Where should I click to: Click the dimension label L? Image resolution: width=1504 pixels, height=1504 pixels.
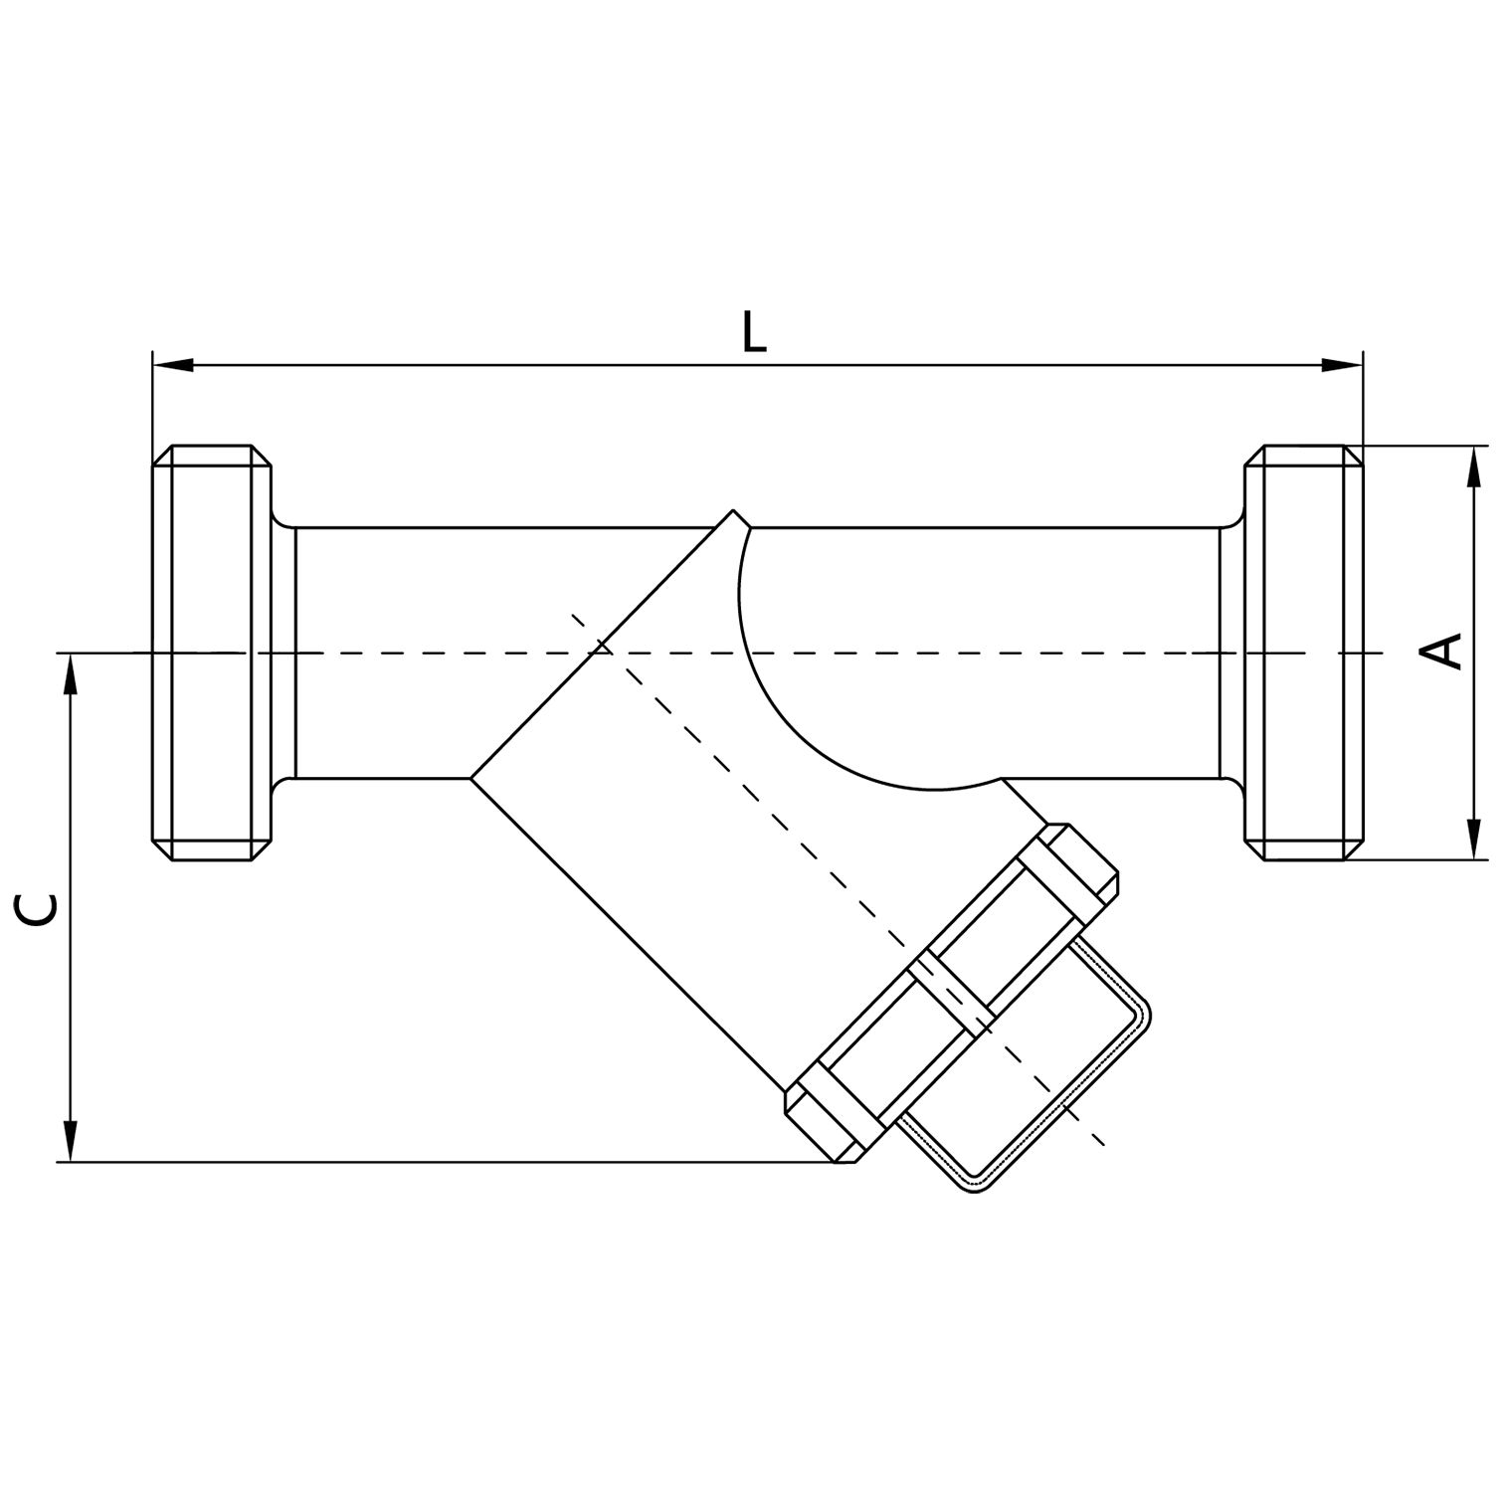(x=754, y=333)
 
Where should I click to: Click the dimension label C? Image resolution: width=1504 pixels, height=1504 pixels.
(x=38, y=908)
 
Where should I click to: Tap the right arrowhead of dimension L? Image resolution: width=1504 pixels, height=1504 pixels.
(x=1341, y=365)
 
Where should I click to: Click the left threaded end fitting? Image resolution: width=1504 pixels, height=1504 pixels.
(x=211, y=653)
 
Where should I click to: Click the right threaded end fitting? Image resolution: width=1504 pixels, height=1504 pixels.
(x=1303, y=653)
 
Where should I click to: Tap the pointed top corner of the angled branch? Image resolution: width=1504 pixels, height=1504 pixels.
(x=735, y=511)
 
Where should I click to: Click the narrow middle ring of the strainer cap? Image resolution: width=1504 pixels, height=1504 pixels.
(x=951, y=991)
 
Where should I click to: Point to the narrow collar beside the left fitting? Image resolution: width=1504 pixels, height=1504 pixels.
(x=282, y=653)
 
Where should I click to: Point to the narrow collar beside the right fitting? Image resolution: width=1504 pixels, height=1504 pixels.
(x=1231, y=653)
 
